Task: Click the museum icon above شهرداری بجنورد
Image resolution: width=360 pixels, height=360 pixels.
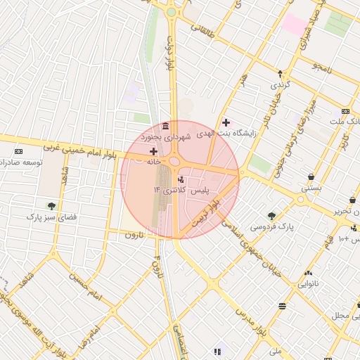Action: pyautogui.click(x=165, y=126)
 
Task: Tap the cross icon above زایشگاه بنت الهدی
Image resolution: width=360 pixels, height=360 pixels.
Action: pyautogui.click(x=226, y=122)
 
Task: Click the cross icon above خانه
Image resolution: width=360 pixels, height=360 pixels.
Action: pyautogui.click(x=153, y=151)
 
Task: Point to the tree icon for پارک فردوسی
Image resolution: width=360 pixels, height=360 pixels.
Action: pyautogui.click(x=271, y=216)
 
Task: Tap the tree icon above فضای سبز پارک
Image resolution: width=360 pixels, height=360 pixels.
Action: pyautogui.click(x=51, y=206)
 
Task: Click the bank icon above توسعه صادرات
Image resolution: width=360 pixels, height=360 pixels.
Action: pyautogui.click(x=18, y=152)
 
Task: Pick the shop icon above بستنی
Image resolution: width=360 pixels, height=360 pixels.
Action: pyautogui.click(x=311, y=176)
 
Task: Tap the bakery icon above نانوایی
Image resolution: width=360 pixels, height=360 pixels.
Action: pyautogui.click(x=308, y=274)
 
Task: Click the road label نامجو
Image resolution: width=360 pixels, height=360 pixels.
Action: pyautogui.click(x=327, y=67)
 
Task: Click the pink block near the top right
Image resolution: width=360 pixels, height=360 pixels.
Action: pyautogui.click(x=295, y=24)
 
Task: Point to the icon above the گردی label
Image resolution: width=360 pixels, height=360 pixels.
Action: pyautogui.click(x=280, y=73)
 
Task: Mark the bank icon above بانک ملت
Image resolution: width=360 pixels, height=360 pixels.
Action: pyautogui.click(x=345, y=111)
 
